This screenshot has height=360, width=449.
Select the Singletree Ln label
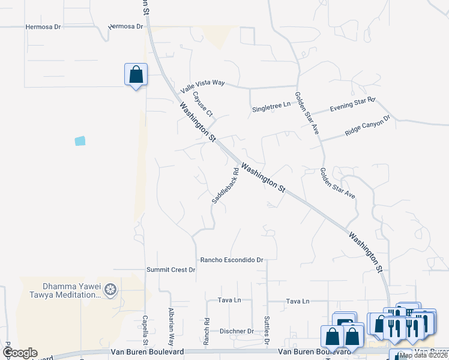click(x=271, y=106)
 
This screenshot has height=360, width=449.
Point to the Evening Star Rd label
click(x=352, y=104)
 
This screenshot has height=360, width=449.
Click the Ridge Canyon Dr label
click(x=367, y=126)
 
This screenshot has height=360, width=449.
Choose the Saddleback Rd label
click(x=224, y=185)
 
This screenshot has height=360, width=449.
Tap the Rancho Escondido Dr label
click(x=232, y=260)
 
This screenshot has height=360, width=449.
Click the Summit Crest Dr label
click(x=171, y=270)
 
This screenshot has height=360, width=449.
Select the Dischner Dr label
click(x=237, y=331)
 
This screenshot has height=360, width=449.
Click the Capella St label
click(x=145, y=331)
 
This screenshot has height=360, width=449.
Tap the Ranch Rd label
click(x=206, y=331)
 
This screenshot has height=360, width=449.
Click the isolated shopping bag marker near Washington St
click(x=136, y=75)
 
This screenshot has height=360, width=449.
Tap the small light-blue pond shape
click(x=80, y=141)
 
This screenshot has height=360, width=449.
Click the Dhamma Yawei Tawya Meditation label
click(x=64, y=290)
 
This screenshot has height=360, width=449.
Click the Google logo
click(x=19, y=353)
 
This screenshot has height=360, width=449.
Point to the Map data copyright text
click(x=423, y=355)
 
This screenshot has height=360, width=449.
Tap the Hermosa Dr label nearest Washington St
click(x=126, y=27)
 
